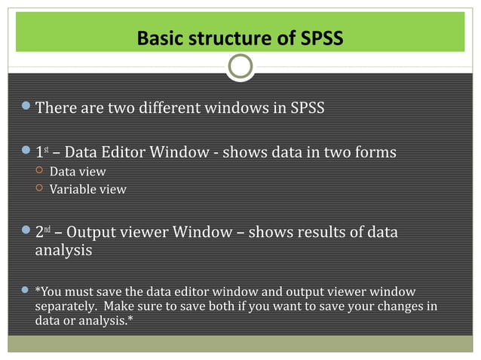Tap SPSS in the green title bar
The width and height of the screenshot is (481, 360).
[x=317, y=37]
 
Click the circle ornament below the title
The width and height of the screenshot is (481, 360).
[x=240, y=67]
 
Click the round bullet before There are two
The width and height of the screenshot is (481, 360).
[x=26, y=107]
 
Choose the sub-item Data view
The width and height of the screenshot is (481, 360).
[x=78, y=172]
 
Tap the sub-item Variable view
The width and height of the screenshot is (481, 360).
[x=87, y=190]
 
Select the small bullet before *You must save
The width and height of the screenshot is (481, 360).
[x=26, y=290]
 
